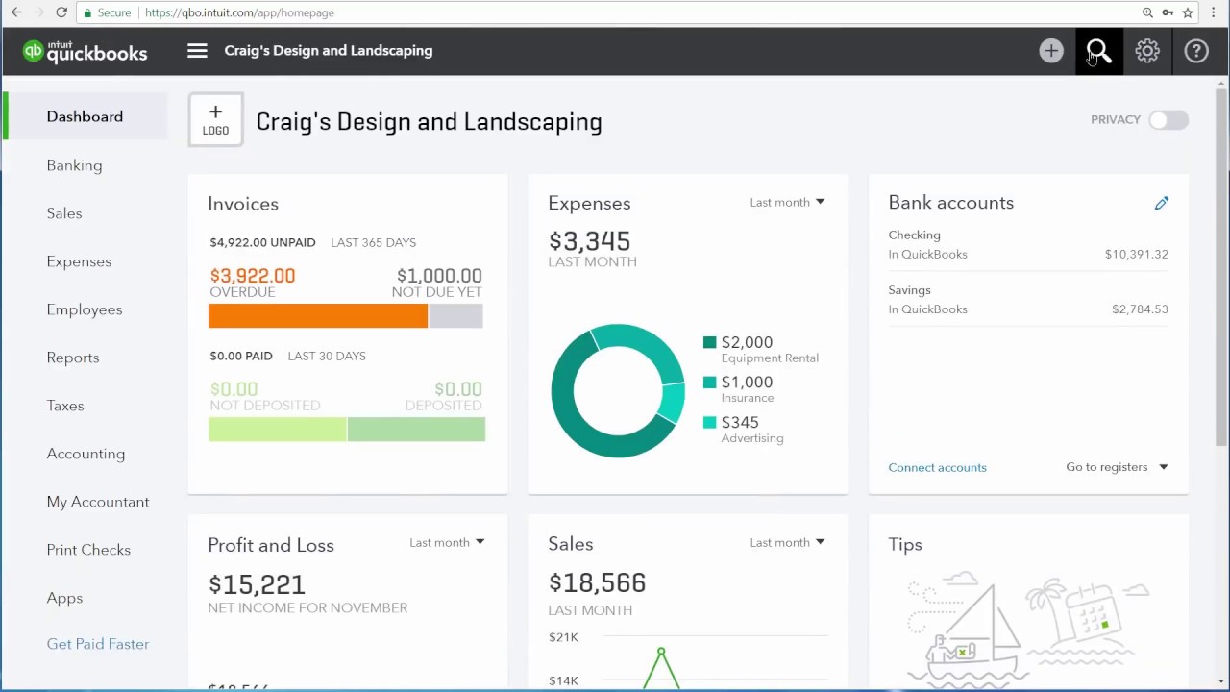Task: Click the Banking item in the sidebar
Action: click(74, 165)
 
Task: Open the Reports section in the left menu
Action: click(73, 358)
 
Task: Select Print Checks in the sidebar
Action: click(88, 550)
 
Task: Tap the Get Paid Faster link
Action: click(98, 644)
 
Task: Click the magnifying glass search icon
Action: click(1098, 51)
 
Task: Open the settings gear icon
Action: click(1147, 51)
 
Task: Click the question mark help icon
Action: click(1196, 51)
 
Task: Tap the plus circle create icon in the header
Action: click(1051, 51)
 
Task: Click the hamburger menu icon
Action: click(197, 51)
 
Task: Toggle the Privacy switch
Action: click(1168, 120)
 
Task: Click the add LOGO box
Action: click(215, 120)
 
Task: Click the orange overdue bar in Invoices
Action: click(318, 315)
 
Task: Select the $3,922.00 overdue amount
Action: click(253, 276)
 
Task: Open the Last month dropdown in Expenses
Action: click(787, 202)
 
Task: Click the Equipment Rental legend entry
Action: click(761, 349)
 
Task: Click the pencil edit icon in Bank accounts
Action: click(1162, 203)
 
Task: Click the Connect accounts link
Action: click(937, 467)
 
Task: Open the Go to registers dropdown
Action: click(1117, 467)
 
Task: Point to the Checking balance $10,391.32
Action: click(1136, 255)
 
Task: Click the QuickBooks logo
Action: click(86, 51)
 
